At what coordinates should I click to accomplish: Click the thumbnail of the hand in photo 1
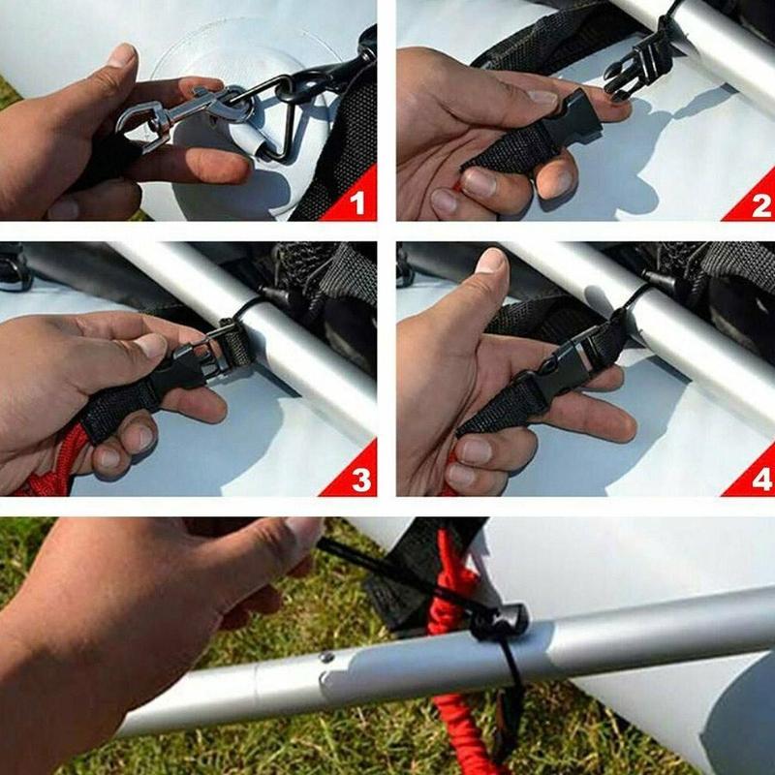(123, 55)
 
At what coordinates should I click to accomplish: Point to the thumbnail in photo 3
(153, 346)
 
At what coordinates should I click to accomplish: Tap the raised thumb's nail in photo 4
(491, 261)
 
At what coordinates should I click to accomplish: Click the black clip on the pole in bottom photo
(498, 620)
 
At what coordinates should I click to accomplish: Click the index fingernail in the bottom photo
(304, 531)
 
